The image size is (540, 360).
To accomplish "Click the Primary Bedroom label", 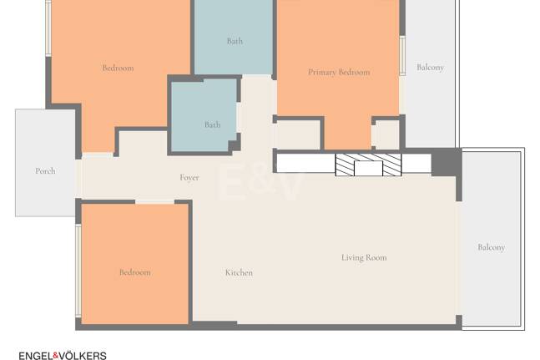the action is pyautogui.click(x=339, y=72).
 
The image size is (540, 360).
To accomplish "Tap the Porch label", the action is pyautogui.click(x=45, y=171).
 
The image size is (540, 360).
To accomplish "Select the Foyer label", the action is pyautogui.click(x=189, y=177).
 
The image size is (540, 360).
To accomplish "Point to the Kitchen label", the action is pyautogui.click(x=239, y=272).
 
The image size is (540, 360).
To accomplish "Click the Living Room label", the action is pyautogui.click(x=364, y=257).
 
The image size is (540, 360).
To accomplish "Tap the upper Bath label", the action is pyautogui.click(x=235, y=41).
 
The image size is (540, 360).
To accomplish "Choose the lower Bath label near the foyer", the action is pyautogui.click(x=212, y=124).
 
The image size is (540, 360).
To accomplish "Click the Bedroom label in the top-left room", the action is pyautogui.click(x=118, y=68).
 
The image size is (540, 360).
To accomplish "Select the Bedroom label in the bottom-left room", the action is pyautogui.click(x=135, y=272).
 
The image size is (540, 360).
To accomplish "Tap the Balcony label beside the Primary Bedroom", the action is pyautogui.click(x=430, y=67).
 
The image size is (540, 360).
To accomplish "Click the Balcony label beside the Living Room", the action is pyautogui.click(x=491, y=247).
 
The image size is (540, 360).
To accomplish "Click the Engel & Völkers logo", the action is pyautogui.click(x=63, y=355).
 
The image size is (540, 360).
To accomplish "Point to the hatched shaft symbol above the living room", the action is pyautogui.click(x=369, y=165).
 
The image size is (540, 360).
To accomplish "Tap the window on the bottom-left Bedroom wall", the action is pyautogui.click(x=78, y=271).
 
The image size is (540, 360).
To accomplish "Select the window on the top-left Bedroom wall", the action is pyautogui.click(x=48, y=28).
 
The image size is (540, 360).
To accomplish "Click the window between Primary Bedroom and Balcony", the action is pyautogui.click(x=402, y=55).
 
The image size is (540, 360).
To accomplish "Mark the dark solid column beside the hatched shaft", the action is pyautogui.click(x=447, y=162).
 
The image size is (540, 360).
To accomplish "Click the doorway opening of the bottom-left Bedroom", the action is pyautogui.click(x=155, y=202).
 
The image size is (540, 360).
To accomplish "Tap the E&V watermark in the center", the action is pyautogui.click(x=260, y=182).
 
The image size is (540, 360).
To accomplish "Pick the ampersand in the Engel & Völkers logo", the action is pyautogui.click(x=56, y=355).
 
